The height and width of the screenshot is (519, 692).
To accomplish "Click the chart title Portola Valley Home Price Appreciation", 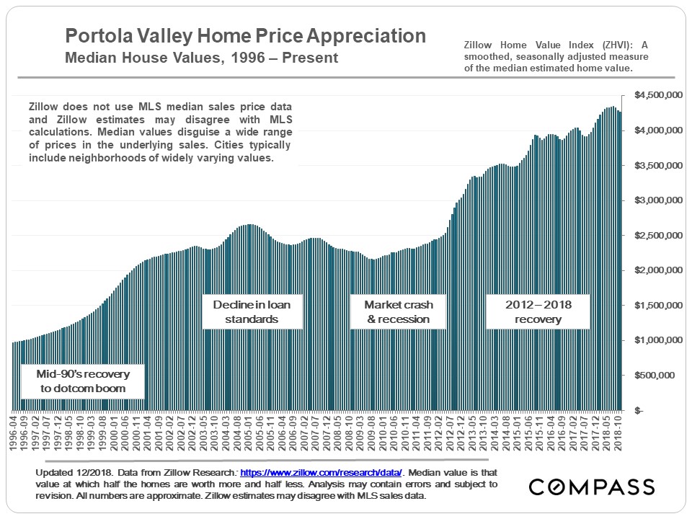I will (245, 36).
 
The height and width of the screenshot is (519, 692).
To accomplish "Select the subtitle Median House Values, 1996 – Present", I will (201, 58).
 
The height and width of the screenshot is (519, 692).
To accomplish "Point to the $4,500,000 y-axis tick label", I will (657, 95).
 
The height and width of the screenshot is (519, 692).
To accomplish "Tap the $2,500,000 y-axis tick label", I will (657, 235).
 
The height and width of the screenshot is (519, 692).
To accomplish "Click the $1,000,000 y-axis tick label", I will (657, 340).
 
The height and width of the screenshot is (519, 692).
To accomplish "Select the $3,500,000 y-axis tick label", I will (657, 165).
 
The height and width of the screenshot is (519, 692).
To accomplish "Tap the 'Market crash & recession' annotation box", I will (398, 311).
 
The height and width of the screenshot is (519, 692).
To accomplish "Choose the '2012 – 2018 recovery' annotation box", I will (538, 311).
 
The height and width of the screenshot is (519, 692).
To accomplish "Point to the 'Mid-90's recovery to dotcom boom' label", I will (81, 381).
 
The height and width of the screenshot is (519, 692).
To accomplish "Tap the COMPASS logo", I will (592, 487).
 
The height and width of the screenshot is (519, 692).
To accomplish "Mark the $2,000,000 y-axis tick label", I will (657, 270).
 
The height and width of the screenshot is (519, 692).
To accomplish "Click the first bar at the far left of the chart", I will (14, 376).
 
